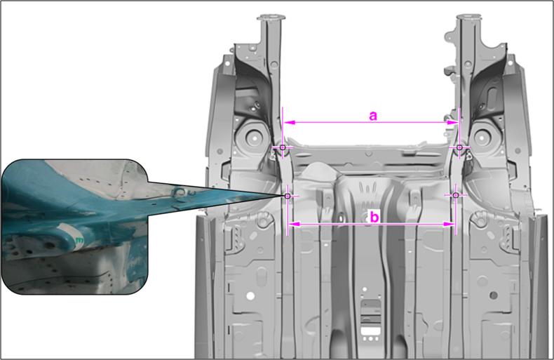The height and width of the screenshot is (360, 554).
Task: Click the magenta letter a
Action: click(x=373, y=116)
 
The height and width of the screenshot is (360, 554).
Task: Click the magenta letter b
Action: click(x=374, y=217)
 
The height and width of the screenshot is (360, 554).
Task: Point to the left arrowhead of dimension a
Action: click(x=290, y=122)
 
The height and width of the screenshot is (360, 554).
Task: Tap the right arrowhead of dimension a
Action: click(x=452, y=122)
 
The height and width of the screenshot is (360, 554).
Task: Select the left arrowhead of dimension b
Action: click(x=295, y=224)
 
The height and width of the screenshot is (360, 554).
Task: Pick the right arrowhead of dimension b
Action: click(x=449, y=224)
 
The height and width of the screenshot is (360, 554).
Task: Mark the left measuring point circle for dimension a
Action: click(x=283, y=147)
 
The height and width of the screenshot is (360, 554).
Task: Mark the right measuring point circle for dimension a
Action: click(x=459, y=147)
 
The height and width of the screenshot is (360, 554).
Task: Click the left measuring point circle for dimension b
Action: click(x=288, y=196)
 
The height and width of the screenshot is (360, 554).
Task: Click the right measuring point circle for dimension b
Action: click(x=456, y=195)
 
